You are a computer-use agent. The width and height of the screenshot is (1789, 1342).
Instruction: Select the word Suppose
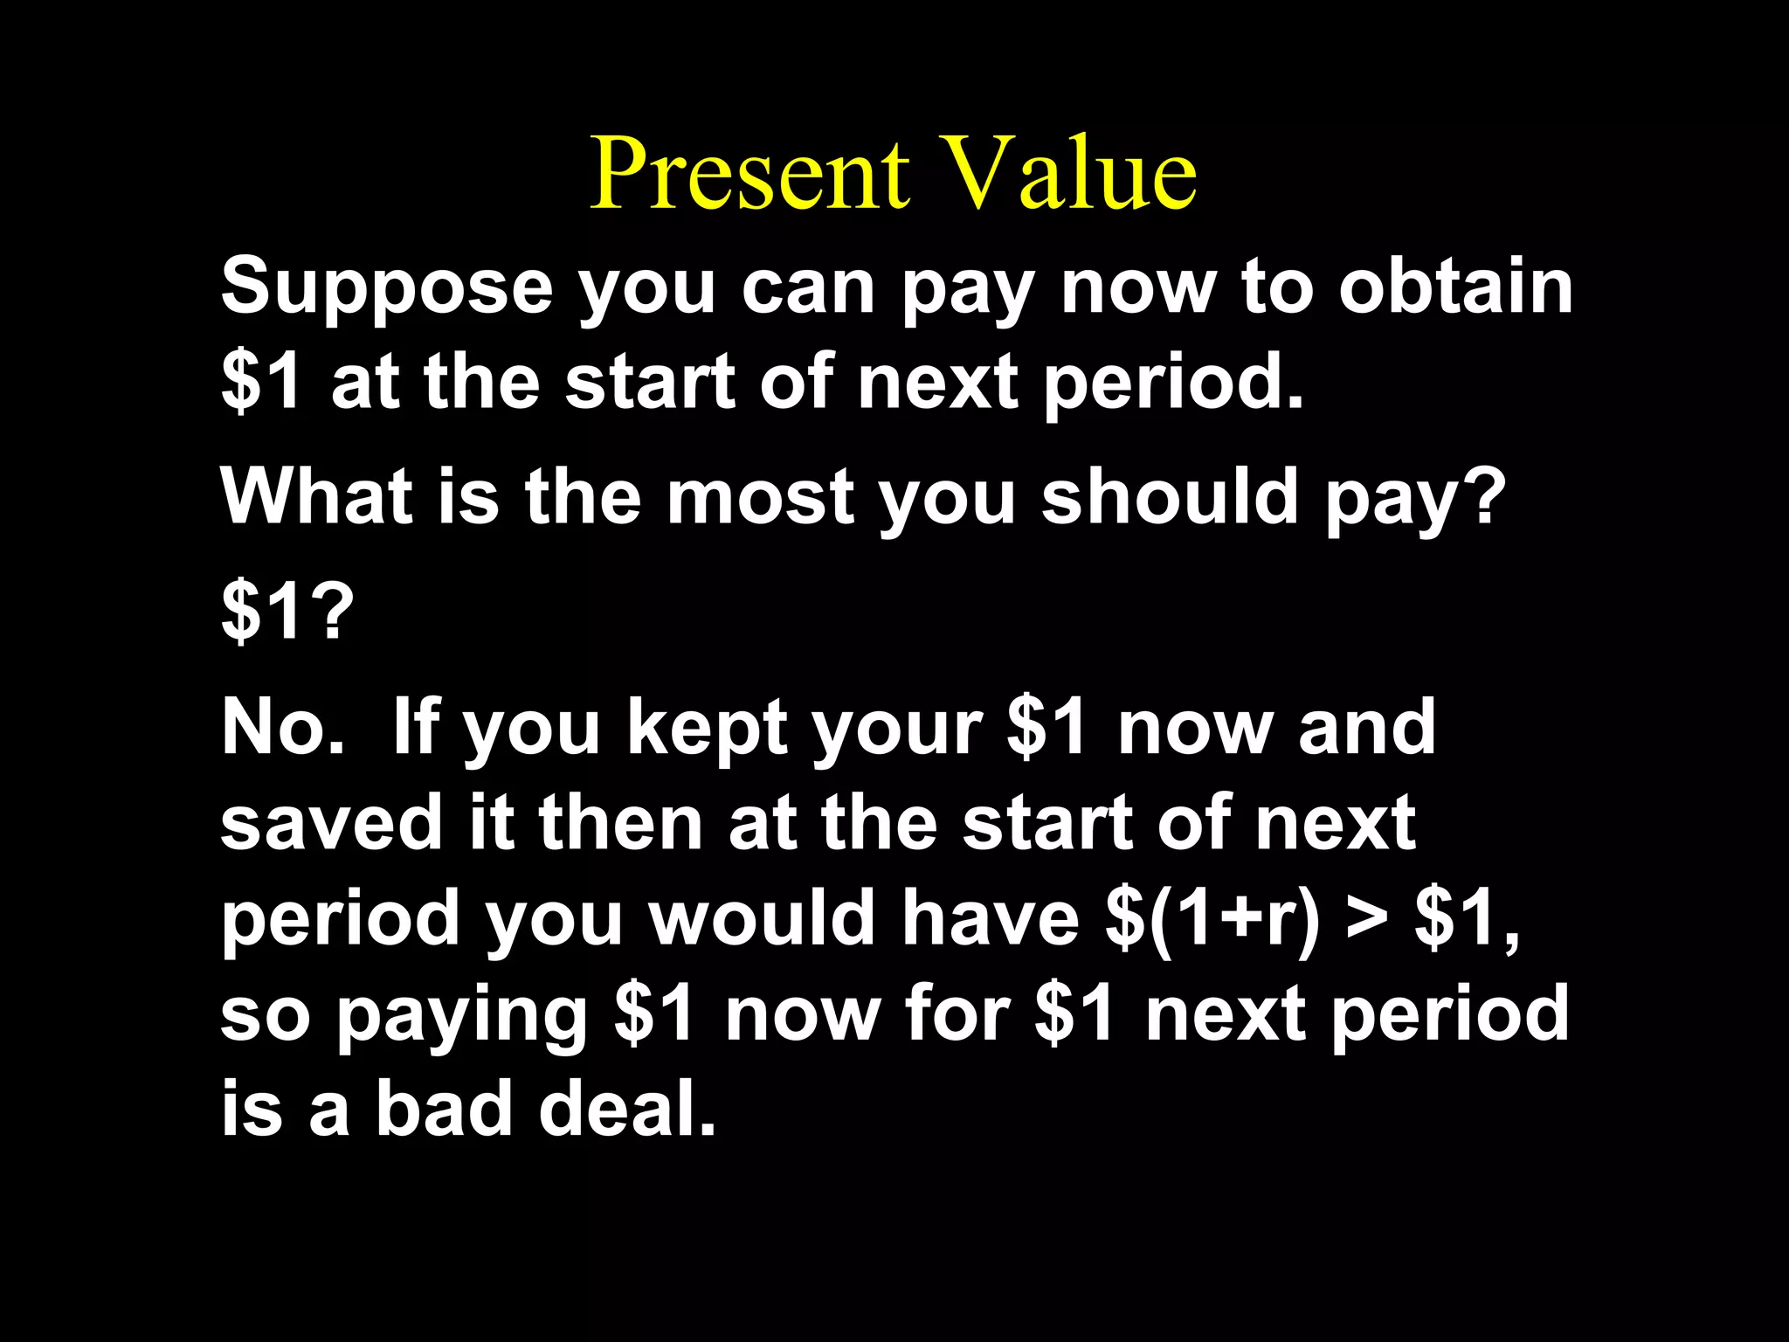click(387, 288)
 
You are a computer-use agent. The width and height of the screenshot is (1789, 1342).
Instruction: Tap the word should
click(1170, 496)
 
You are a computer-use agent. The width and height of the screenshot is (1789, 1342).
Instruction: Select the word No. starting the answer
click(281, 727)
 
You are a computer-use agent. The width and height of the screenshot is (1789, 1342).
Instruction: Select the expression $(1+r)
click(1213, 919)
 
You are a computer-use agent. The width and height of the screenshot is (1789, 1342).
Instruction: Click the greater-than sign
click(1368, 919)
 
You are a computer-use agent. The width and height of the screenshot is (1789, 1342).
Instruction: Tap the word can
click(808, 288)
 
